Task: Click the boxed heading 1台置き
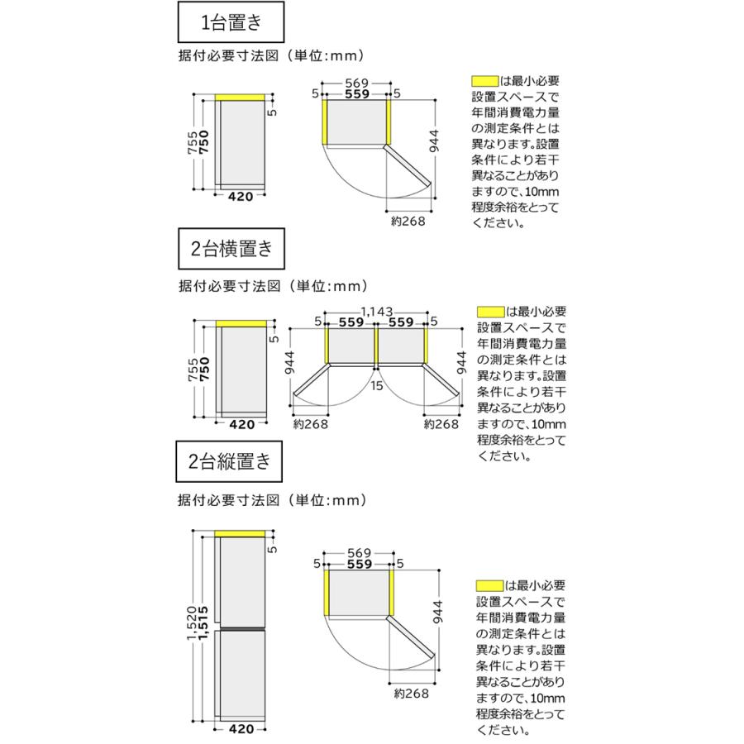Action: coord(231,21)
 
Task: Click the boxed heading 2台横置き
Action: coord(231,249)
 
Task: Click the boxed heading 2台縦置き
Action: coord(229,461)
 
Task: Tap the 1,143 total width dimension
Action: coord(377,312)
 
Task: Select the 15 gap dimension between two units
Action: coord(377,386)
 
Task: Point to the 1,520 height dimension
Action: coord(192,623)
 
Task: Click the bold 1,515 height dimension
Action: coord(203,623)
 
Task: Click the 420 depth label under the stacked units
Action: coord(241,729)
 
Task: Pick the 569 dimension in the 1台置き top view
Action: coord(357,83)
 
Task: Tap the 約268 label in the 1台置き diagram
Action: coord(408,221)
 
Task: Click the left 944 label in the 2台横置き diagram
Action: coord(289,363)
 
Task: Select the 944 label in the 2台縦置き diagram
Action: coord(437,612)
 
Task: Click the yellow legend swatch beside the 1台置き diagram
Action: coord(485,81)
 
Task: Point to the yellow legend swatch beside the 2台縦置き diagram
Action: coord(489,586)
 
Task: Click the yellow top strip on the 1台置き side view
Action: coord(240,98)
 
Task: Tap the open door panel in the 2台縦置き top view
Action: coord(410,638)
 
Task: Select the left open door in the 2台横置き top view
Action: coord(311,380)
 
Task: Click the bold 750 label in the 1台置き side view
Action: coord(203,142)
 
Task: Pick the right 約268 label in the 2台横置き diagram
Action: coord(441,424)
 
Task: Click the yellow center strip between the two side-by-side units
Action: coord(376,346)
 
